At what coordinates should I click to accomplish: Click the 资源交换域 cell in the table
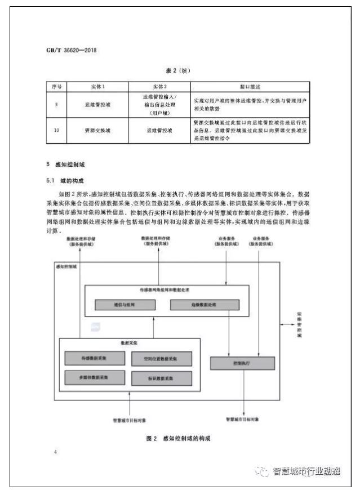click(x=98, y=130)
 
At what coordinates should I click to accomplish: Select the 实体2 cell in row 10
click(x=159, y=130)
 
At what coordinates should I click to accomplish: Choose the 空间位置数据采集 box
click(x=161, y=359)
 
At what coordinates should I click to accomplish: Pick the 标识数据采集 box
click(x=161, y=377)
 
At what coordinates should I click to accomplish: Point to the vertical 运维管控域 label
click(x=300, y=325)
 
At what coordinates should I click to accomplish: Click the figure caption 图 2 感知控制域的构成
click(x=180, y=438)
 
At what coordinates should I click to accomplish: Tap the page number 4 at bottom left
click(x=55, y=452)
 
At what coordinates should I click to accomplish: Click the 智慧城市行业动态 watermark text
click(x=306, y=471)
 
